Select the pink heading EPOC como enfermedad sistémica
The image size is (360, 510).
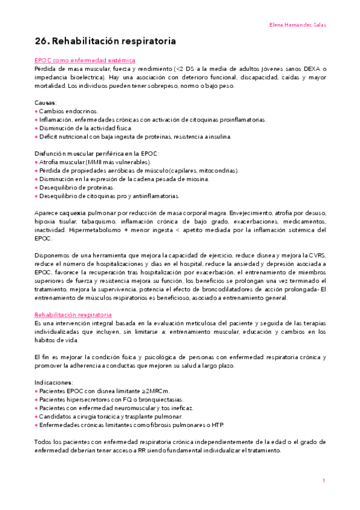click(85, 61)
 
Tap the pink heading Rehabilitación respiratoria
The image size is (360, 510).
click(73, 315)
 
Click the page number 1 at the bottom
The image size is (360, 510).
click(323, 481)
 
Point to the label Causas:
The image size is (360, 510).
click(46, 103)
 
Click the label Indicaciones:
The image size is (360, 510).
click(53, 382)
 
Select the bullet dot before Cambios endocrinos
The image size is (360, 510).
click(36, 112)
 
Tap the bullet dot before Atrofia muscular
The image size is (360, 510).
click(36, 162)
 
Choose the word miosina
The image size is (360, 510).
click(197, 179)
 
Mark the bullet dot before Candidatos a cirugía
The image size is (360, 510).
click(36, 416)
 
